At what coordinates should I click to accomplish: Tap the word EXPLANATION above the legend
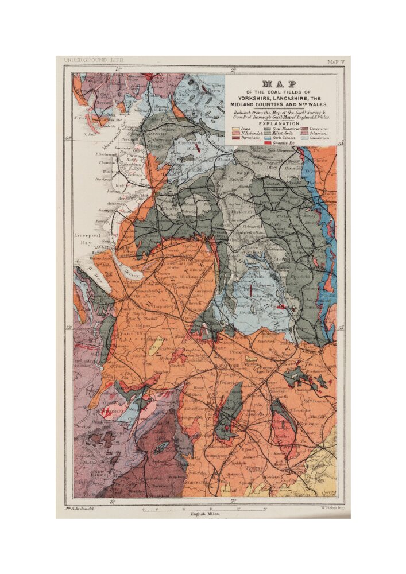click(279, 123)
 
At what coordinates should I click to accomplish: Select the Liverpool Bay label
click(87, 239)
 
